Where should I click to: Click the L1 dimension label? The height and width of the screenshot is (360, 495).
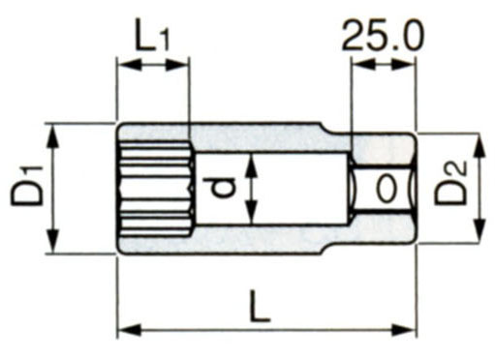pyautogui.click(x=151, y=35)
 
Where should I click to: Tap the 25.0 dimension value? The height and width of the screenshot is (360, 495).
pyautogui.click(x=383, y=35)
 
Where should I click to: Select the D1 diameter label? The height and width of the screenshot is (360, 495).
pyautogui.click(x=27, y=186)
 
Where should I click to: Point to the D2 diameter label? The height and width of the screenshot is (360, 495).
pyautogui.click(x=451, y=183)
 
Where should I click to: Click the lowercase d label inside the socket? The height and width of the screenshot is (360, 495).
pyautogui.click(x=222, y=189)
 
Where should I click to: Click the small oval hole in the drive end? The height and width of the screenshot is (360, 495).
pyautogui.click(x=387, y=189)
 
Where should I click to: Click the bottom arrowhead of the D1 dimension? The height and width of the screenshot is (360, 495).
pyautogui.click(x=53, y=240)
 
